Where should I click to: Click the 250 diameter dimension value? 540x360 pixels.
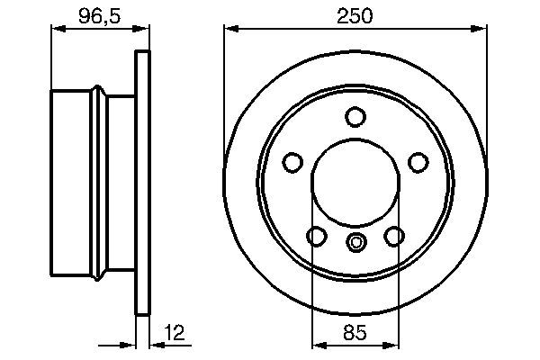point(355,16)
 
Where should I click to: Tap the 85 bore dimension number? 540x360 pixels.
point(355,332)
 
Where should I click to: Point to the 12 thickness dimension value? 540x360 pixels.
point(175,332)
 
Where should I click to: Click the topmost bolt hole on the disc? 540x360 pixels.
point(355,117)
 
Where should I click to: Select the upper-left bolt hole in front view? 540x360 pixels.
point(292,162)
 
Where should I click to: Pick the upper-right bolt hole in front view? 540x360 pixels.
point(418,162)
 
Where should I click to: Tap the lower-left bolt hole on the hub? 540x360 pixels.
point(317,236)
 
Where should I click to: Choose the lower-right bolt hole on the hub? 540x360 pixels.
point(394,236)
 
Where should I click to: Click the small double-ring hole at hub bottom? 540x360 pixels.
point(355,241)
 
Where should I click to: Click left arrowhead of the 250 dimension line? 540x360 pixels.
point(230,31)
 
